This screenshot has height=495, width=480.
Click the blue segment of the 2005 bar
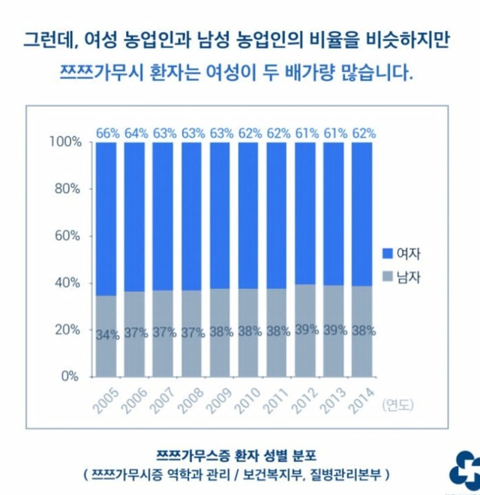click(106, 217)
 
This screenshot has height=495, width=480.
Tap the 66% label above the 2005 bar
click(106, 133)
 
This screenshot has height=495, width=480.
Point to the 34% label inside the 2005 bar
click(106, 334)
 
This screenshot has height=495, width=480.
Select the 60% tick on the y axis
click(67, 236)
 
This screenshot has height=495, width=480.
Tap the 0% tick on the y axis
click(70, 376)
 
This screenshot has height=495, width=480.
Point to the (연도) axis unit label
click(397, 405)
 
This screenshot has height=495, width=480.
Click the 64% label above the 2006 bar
click(135, 133)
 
